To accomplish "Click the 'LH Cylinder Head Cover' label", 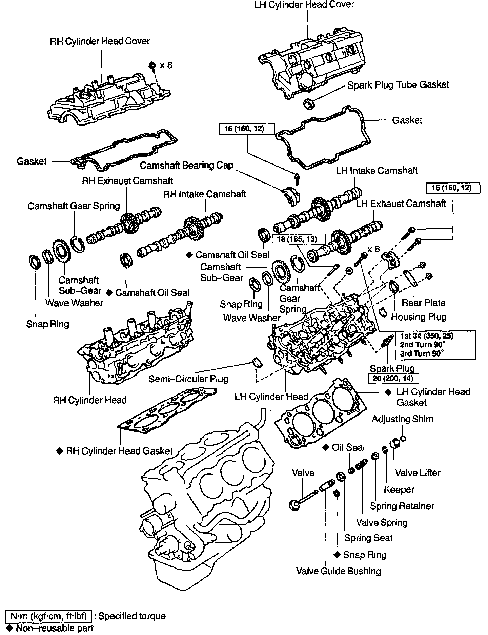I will coord(305,5).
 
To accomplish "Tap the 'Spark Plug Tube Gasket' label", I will coord(398,85).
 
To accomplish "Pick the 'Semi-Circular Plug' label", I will coord(188,379).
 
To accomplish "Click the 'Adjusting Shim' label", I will coord(402,419).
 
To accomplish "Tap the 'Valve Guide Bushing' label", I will coord(338,571).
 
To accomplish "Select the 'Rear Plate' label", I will coord(423,303).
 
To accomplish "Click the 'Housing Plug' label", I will coord(419,317).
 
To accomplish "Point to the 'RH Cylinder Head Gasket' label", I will coord(119,451).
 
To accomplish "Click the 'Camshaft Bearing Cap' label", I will coord(187,165).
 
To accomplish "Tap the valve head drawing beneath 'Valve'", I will coord(293,505).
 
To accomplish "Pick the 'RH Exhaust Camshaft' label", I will coord(127,181).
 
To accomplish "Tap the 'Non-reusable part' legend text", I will coord(54,628).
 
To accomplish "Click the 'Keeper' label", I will coord(399,489).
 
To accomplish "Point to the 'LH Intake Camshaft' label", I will coord(377,170).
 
